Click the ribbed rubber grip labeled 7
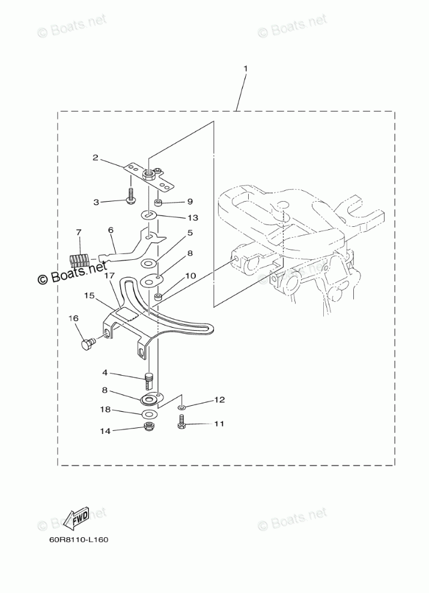click(x=79, y=259)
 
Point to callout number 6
click(x=111, y=229)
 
